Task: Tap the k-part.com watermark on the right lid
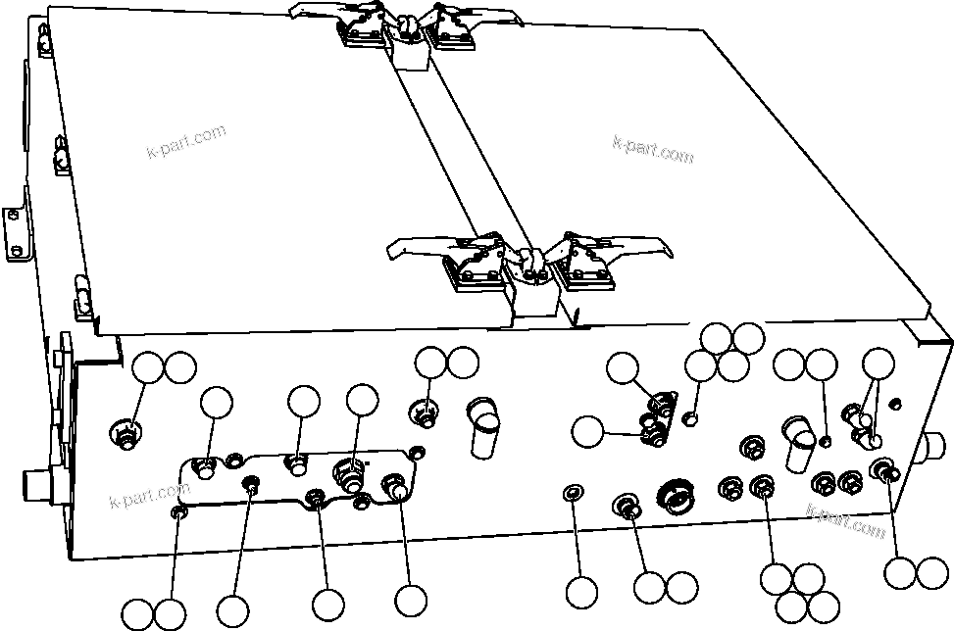[652, 148]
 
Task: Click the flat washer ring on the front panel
[576, 491]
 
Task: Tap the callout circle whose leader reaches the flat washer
[581, 592]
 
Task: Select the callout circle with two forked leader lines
[879, 365]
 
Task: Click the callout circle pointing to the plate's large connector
[362, 399]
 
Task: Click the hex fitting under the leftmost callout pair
[124, 434]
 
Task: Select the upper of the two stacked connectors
[665, 401]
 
